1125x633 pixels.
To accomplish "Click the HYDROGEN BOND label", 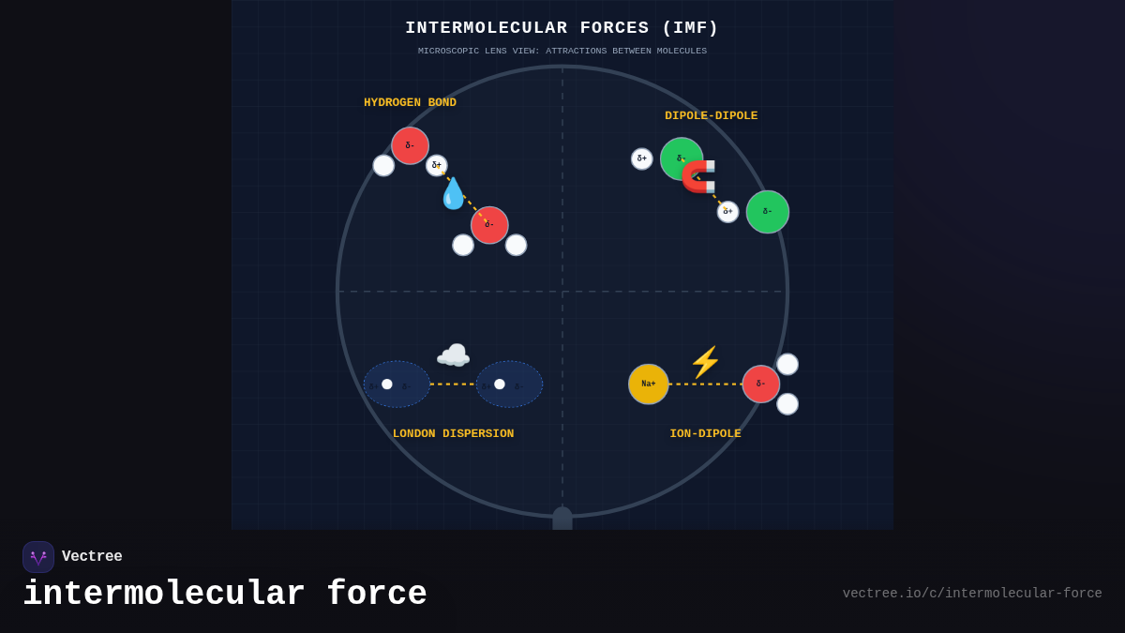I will coord(410,103).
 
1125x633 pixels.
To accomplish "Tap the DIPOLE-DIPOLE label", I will coord(711,116).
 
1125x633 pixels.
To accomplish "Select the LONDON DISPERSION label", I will coord(453,434).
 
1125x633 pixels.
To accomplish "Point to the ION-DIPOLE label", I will coord(705,434).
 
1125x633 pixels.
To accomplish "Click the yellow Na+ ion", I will coord(649,384).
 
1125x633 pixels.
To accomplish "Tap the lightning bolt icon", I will coord(705,363).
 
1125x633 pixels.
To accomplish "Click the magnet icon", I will coord(699,176).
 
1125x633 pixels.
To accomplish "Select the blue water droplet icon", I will coord(453,194).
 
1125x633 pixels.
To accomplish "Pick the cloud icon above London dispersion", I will coord(453,355).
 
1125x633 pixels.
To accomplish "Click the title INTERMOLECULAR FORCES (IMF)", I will coord(562,28).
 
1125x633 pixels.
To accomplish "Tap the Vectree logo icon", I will coord(38,557).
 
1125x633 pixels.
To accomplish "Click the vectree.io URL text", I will coord(971,594).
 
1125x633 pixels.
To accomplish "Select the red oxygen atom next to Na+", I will coord(761,384).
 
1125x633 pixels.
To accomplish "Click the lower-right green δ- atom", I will coord(768,212).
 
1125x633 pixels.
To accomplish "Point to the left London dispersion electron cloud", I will coord(397,384).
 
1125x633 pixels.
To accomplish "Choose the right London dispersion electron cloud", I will coord(509,384).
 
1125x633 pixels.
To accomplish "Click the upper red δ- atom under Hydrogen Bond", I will coord(410,145).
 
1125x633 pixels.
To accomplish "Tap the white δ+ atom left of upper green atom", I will coord(642,158).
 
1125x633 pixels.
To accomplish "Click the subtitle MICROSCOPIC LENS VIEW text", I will coord(562,51).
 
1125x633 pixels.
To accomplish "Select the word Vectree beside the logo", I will coord(92,557).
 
